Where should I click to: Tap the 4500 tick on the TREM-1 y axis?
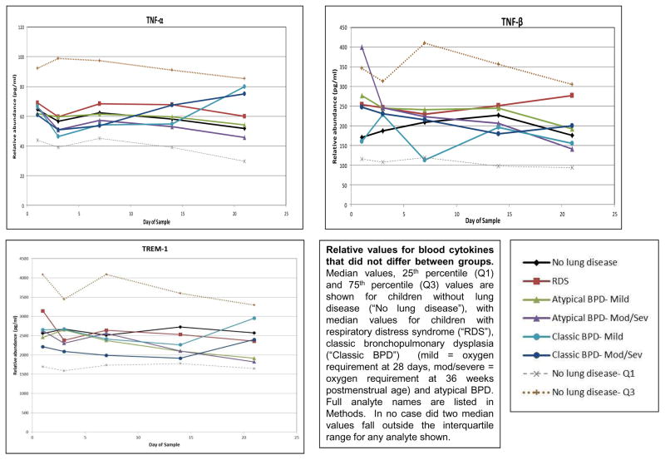pyautogui.click(x=19, y=262)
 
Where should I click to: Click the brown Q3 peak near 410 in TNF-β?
pyautogui.click(x=424, y=42)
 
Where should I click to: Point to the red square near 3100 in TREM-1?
pyautogui.click(x=42, y=311)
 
